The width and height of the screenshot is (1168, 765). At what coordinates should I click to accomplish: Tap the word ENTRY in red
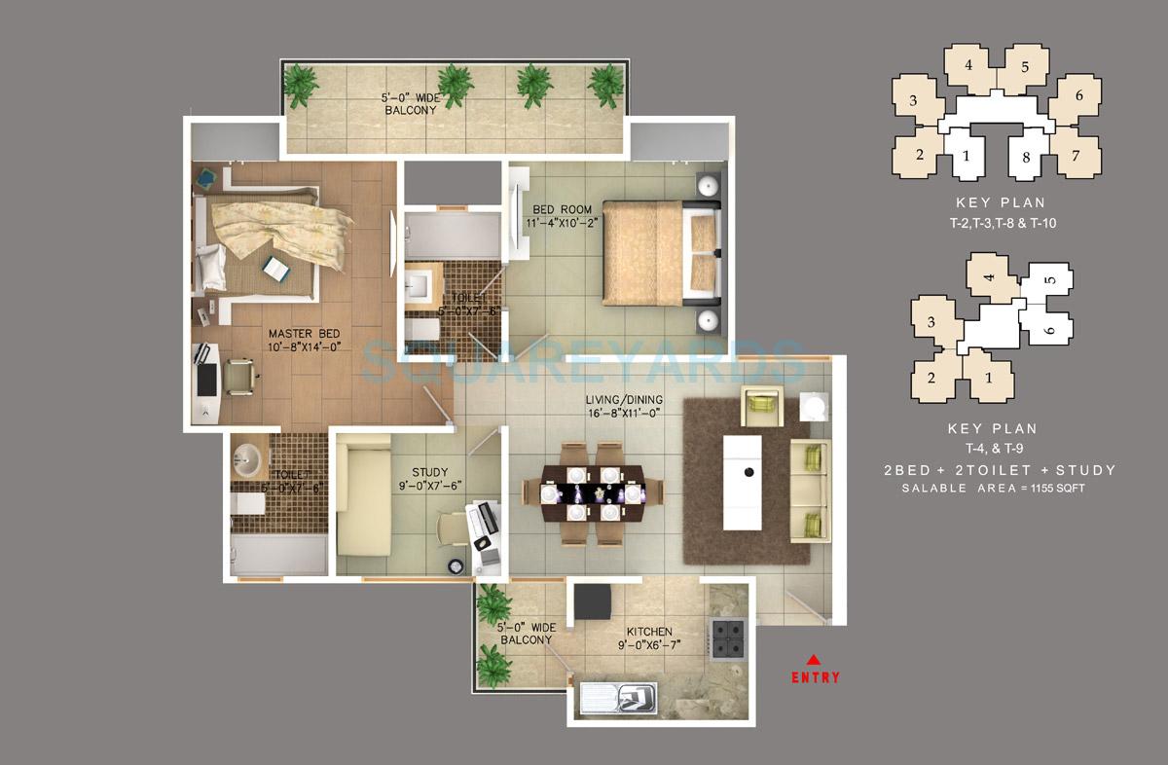click(x=815, y=677)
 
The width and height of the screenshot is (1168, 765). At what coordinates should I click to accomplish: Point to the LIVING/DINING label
click(x=623, y=401)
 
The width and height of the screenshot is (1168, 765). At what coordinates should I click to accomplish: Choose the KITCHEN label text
click(x=649, y=632)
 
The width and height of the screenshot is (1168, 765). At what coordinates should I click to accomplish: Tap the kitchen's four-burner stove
click(x=725, y=638)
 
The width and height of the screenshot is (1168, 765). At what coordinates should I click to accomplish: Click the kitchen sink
click(x=618, y=697)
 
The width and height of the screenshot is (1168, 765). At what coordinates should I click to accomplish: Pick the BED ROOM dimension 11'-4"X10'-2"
click(x=562, y=222)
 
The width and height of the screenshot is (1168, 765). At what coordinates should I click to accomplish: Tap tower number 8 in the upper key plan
click(x=1025, y=156)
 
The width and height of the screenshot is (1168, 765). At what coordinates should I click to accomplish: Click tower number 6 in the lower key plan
click(x=1049, y=331)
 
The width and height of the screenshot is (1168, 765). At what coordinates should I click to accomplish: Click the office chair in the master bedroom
click(x=240, y=373)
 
